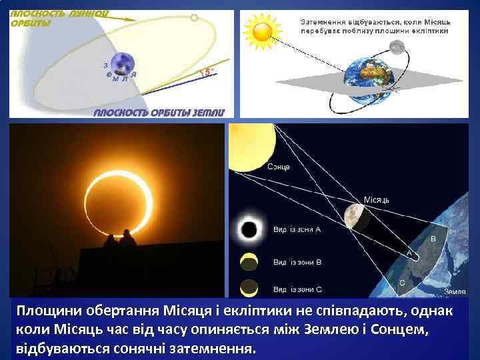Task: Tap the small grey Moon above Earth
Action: [x=397, y=47]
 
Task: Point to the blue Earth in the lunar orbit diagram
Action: [x=121, y=63]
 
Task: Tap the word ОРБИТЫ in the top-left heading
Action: [x=29, y=24]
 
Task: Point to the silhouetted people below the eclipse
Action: [x=120, y=239]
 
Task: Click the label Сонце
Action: [x=278, y=166]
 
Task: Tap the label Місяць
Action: [x=377, y=199]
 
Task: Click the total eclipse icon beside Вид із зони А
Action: [x=249, y=230]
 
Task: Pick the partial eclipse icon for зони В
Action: [x=249, y=260]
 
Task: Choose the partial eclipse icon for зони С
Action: [x=249, y=288]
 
